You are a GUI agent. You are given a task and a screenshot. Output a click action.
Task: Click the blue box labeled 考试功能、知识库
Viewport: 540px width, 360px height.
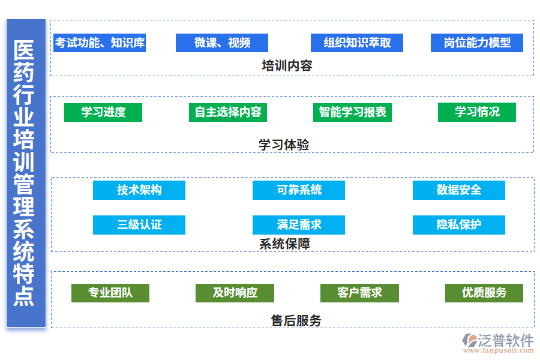100,43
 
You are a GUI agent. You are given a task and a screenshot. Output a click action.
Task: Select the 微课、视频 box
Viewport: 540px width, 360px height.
222,43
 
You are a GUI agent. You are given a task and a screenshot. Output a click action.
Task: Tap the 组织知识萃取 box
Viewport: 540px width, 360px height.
357,43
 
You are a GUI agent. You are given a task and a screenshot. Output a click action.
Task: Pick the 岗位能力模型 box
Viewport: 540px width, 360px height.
477,43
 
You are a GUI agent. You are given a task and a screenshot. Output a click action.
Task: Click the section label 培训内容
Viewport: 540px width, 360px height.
287,66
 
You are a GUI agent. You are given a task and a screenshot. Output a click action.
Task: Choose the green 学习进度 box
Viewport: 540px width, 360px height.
103,112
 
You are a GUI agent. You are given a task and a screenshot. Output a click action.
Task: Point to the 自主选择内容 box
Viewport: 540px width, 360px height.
228,112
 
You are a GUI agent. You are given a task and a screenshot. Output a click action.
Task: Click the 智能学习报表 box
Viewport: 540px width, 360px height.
353,112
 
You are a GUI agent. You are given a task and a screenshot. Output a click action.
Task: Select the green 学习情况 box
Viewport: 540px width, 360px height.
477,112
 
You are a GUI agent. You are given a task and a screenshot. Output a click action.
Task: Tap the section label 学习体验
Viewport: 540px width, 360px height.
284,145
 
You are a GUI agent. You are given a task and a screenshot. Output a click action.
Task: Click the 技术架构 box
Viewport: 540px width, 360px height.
139,190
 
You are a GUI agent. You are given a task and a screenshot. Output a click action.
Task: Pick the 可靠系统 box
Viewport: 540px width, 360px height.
299,190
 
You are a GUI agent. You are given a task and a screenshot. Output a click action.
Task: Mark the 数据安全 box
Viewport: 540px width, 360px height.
459,190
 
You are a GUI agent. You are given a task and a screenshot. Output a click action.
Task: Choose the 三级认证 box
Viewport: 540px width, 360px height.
139,225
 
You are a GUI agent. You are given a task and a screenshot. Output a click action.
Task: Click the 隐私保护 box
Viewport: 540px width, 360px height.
459,225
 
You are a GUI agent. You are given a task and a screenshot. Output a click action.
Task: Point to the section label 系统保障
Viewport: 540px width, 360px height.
284,244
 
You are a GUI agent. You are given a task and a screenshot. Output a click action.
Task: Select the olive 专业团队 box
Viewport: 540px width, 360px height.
110,293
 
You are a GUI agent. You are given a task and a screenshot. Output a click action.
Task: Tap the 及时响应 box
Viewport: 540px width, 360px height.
235,293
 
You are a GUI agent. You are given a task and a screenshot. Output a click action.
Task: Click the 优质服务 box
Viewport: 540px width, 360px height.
484,293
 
